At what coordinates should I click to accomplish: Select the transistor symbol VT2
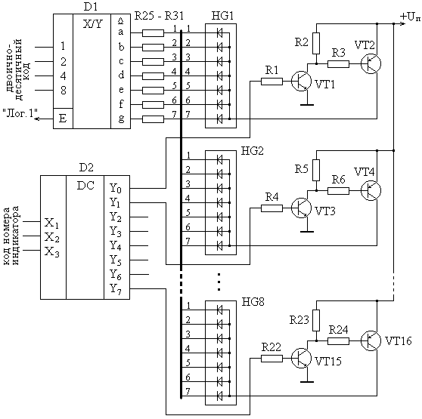[371, 63]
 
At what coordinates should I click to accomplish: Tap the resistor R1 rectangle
[272, 82]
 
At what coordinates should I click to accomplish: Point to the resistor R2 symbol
[316, 44]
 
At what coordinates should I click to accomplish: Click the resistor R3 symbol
[338, 64]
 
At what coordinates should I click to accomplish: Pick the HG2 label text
[253, 151]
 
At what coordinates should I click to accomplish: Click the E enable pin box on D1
[63, 119]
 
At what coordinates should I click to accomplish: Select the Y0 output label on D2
[116, 188]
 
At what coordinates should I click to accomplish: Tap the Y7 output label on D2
[116, 288]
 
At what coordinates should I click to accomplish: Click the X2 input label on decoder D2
[52, 237]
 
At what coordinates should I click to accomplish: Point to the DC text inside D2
[85, 186]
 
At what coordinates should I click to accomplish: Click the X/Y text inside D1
[92, 25]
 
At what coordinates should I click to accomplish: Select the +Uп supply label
[410, 17]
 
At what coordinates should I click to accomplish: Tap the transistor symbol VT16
[371, 340]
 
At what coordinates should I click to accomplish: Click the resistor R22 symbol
[272, 359]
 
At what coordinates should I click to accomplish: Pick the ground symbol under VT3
[307, 231]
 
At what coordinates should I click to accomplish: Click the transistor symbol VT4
[371, 190]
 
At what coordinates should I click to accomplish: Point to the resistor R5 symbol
[316, 171]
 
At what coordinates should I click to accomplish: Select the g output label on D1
[121, 119]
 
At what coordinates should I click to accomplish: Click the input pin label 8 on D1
[64, 91]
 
